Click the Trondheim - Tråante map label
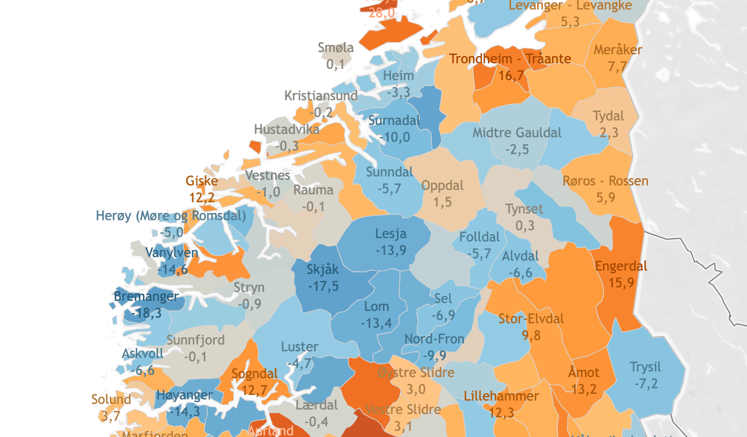[x=510, y=59]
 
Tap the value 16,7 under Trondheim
[x=511, y=75]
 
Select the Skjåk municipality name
[x=322, y=269]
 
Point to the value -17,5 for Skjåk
[x=323, y=286]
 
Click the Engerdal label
[x=621, y=266]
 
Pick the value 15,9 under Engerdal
[x=621, y=282]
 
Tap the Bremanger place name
[x=146, y=296]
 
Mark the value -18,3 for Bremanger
[x=146, y=313]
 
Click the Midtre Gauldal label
[x=517, y=133]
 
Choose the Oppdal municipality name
[x=442, y=185]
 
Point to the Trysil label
[x=645, y=368]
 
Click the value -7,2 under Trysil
[x=645, y=384]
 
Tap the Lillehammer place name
[x=501, y=397]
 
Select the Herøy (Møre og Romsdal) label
[x=170, y=216]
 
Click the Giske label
[x=201, y=181]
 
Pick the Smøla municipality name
[x=335, y=48]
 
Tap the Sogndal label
[x=254, y=374]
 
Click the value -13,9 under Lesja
[x=391, y=250]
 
